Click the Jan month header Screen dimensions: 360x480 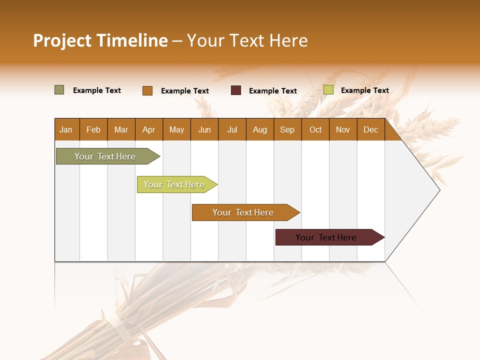66,129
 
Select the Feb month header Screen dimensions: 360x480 93,129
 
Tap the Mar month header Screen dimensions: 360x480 121,129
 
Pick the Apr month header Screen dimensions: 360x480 149,129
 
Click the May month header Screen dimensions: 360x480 176,129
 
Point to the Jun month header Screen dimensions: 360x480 204,129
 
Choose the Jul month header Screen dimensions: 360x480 232,129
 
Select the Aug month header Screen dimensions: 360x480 260,129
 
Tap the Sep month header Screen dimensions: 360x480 287,129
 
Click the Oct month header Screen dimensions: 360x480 315,129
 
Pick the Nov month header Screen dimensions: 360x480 343,129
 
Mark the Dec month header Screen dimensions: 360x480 371,129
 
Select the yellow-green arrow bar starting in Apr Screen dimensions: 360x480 175,184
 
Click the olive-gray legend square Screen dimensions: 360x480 59,90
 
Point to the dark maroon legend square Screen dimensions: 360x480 236,90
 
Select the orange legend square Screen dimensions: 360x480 147,90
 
